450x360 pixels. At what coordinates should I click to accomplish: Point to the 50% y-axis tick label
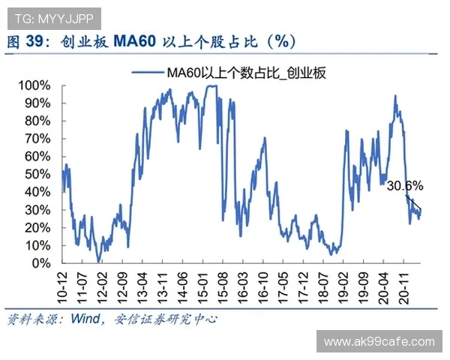click(x=37, y=174)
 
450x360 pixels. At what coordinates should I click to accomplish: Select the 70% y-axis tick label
click(x=37, y=138)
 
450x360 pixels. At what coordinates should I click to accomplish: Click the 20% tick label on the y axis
click(x=37, y=227)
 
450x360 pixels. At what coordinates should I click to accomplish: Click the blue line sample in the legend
click(x=147, y=73)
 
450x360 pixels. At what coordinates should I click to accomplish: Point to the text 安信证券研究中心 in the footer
click(x=166, y=319)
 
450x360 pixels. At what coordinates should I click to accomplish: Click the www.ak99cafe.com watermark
click(x=379, y=342)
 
